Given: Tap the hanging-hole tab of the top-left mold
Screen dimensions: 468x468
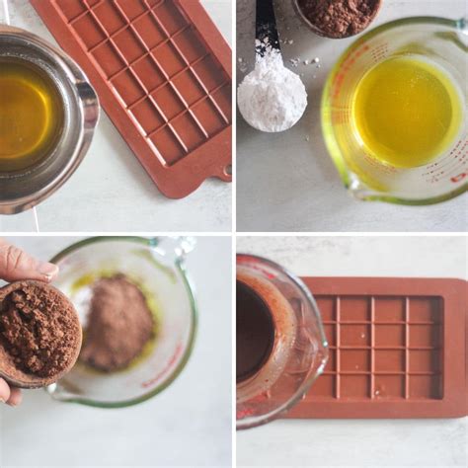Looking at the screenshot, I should (x=224, y=170).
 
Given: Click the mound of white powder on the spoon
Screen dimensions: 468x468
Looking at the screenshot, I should (x=271, y=95).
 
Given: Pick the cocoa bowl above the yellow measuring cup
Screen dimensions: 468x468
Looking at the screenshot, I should (x=338, y=14).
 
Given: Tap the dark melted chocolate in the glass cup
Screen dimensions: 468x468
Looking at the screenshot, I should (x=254, y=331).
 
